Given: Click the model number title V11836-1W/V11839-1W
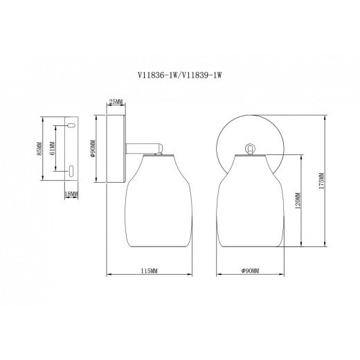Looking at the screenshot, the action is click(x=179, y=75).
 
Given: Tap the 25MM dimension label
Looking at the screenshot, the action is click(x=116, y=101).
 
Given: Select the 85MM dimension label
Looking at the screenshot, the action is click(x=39, y=149).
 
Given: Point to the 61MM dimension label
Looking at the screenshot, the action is click(x=53, y=148).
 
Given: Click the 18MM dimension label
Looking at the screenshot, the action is click(x=71, y=195).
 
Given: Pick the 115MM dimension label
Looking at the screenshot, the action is click(x=149, y=271).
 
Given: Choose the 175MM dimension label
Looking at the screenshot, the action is click(x=321, y=181).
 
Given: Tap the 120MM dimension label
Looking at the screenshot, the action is click(x=298, y=201).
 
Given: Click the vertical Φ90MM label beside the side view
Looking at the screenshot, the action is click(x=93, y=149).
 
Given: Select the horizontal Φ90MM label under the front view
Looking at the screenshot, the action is click(x=250, y=271).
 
